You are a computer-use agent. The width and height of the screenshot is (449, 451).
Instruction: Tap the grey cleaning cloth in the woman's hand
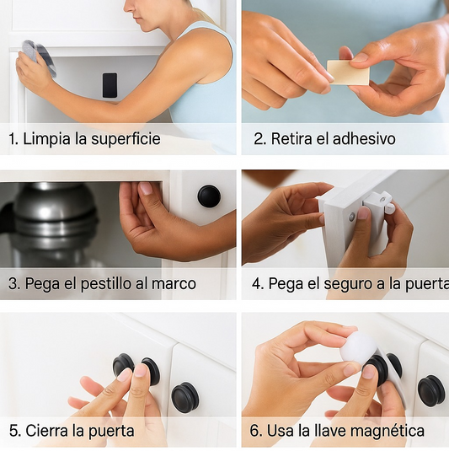click(39, 57)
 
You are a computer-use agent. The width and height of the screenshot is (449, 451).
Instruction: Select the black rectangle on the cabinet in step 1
click(110, 84)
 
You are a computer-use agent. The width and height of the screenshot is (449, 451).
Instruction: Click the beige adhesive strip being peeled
click(348, 72)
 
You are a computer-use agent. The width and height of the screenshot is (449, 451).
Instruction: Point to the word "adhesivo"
click(363, 139)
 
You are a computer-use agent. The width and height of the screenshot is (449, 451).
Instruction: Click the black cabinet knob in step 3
click(209, 196)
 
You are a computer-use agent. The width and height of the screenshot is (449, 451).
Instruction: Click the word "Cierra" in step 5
click(48, 431)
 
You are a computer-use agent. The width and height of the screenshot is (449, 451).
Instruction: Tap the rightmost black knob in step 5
click(185, 397)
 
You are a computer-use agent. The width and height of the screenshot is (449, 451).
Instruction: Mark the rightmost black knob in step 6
click(430, 389)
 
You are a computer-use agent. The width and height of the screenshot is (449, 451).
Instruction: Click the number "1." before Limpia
click(13, 139)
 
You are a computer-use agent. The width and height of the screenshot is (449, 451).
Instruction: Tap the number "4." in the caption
click(257, 284)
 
